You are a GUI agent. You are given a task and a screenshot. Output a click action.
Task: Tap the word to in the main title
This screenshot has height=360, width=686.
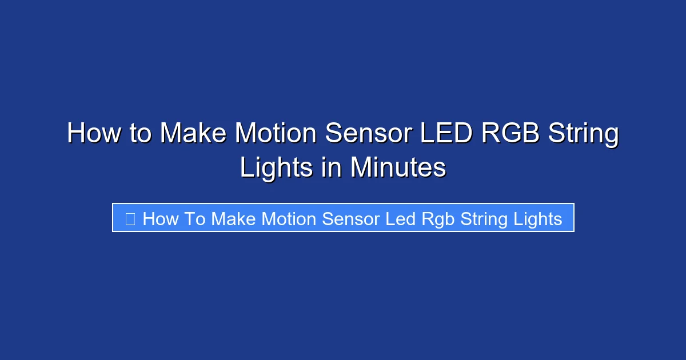click(141, 134)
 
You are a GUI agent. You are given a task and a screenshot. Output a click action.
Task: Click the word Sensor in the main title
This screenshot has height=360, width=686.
click(368, 134)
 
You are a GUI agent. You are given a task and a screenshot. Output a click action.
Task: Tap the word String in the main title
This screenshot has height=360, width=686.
click(584, 134)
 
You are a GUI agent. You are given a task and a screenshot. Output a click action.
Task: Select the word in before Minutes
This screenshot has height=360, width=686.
click(332, 168)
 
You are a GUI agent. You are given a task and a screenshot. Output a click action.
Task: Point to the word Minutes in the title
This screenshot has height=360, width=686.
click(398, 168)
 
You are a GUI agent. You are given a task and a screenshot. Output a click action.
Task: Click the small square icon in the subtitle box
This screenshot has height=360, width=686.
click(130, 219)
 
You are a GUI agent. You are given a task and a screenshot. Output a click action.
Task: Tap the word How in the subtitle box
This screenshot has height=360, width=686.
click(161, 219)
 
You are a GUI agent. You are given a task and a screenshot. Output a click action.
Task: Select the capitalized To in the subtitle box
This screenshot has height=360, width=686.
click(195, 219)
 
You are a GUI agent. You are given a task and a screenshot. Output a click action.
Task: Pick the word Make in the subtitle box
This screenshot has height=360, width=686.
click(233, 219)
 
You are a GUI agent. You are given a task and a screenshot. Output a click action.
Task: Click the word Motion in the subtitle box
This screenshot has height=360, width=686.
click(290, 219)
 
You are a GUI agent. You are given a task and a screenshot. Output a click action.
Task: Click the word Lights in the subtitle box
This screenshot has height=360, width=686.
click(535, 219)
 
